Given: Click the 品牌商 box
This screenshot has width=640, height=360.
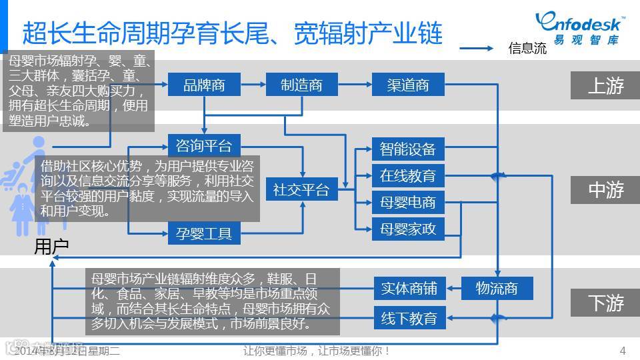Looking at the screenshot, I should point(204,85).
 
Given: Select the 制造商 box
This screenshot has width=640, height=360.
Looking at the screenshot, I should point(301,85).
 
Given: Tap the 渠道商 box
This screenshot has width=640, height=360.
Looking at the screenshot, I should point(407,85).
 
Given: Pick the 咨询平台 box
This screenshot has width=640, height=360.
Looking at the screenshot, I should point(204,145).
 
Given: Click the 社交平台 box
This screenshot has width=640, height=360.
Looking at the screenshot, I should point(301,190).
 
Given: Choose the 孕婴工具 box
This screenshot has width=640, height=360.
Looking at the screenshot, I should point(204,233).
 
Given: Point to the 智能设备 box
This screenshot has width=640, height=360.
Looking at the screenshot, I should point(407,149).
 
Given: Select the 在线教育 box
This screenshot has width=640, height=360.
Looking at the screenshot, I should point(407,176).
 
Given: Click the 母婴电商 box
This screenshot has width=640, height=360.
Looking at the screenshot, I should point(407,203).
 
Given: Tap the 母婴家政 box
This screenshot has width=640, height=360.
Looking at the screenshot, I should point(407,229).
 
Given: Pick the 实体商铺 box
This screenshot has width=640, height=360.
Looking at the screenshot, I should point(409,289).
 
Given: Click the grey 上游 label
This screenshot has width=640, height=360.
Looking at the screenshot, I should point(605,85).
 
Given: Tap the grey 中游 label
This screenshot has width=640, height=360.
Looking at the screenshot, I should point(605,190).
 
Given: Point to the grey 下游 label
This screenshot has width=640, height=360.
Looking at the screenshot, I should point(605,303).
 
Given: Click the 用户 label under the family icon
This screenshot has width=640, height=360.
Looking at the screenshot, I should point(51,247).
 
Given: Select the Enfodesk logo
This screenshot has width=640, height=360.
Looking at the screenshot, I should point(579,29).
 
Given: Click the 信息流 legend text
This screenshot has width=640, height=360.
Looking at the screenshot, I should point(527,48).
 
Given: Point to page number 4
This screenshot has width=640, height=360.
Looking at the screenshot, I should point(623,351).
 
